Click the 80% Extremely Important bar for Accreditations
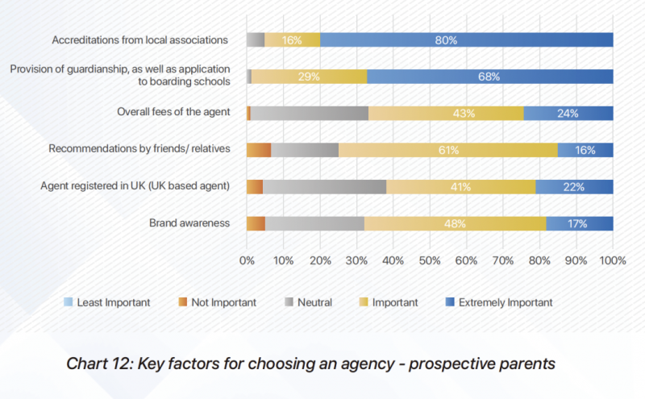tap(467, 40)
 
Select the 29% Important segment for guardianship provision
tap(310, 77)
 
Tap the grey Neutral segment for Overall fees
tap(310, 113)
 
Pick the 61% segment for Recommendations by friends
tap(448, 150)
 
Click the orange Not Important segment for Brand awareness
tap(256, 223)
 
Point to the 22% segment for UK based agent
tap(574, 187)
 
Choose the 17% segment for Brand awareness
tap(580, 223)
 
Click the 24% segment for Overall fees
tap(568, 113)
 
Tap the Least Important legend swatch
tap(69, 302)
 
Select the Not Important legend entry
tap(217, 302)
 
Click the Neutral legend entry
tap(309, 302)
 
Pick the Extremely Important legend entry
tap(499, 302)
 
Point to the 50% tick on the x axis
tap(430, 260)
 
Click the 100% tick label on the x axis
tap(613, 260)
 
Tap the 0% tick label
tap(247, 260)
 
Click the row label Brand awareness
tap(189, 223)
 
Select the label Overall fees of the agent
tap(173, 112)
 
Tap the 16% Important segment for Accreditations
tap(292, 40)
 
